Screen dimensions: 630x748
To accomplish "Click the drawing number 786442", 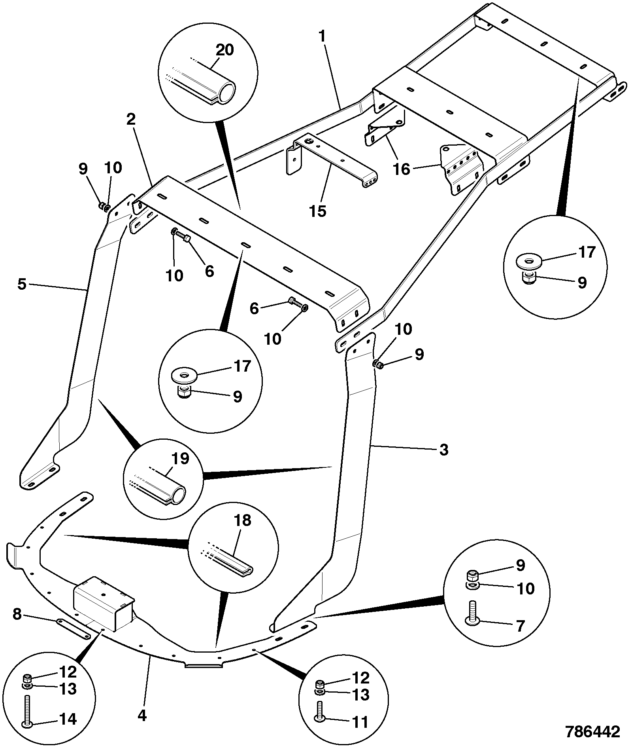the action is [592, 732].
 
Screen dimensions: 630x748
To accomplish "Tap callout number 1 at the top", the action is [323, 37].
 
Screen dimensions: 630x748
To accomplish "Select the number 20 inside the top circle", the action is [224, 50].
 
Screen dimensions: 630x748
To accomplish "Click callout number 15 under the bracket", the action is [318, 211].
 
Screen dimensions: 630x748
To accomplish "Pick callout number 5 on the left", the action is [22, 284].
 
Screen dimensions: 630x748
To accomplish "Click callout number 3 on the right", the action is [444, 450].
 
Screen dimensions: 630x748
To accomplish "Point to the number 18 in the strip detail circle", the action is [243, 520].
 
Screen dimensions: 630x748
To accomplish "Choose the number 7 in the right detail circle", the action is [520, 626].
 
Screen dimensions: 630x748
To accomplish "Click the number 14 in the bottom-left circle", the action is [68, 719].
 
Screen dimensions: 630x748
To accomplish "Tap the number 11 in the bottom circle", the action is [360, 722].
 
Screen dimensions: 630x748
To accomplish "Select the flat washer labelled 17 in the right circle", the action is [528, 262].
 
